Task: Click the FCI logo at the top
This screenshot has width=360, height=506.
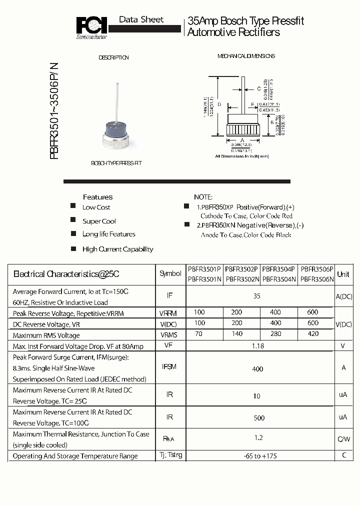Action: pyautogui.click(x=91, y=26)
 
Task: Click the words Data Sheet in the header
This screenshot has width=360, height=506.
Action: pyautogui.click(x=141, y=19)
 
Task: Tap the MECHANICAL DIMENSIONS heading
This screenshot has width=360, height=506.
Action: pyautogui.click(x=246, y=56)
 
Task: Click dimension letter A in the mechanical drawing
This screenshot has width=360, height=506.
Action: pyautogui.click(x=242, y=140)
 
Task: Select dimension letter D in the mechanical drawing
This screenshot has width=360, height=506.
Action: pyautogui.click(x=219, y=104)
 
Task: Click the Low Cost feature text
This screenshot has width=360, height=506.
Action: pyautogui.click(x=96, y=207)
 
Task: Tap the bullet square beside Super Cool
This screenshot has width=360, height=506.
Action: pyautogui.click(x=73, y=220)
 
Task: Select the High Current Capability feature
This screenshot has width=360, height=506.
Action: pyautogui.click(x=117, y=249)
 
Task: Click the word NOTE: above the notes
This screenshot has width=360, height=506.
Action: pyautogui.click(x=203, y=197)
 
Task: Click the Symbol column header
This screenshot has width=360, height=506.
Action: pyautogui.click(x=170, y=273)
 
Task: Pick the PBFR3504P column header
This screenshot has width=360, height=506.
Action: pyautogui.click(x=279, y=268)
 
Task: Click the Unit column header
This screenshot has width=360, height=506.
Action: pyautogui.click(x=343, y=274)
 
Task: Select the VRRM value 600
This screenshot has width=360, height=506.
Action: pyautogui.click(x=313, y=312)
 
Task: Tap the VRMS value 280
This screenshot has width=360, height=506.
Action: pyautogui.click(x=275, y=333)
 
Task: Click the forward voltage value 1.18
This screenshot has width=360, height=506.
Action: pyautogui.click(x=257, y=345)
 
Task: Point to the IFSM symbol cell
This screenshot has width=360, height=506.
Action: pyautogui.click(x=169, y=367)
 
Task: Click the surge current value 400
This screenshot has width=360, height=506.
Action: pyautogui.click(x=257, y=369)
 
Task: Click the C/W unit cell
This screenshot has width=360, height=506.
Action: pyautogui.click(x=343, y=439)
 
